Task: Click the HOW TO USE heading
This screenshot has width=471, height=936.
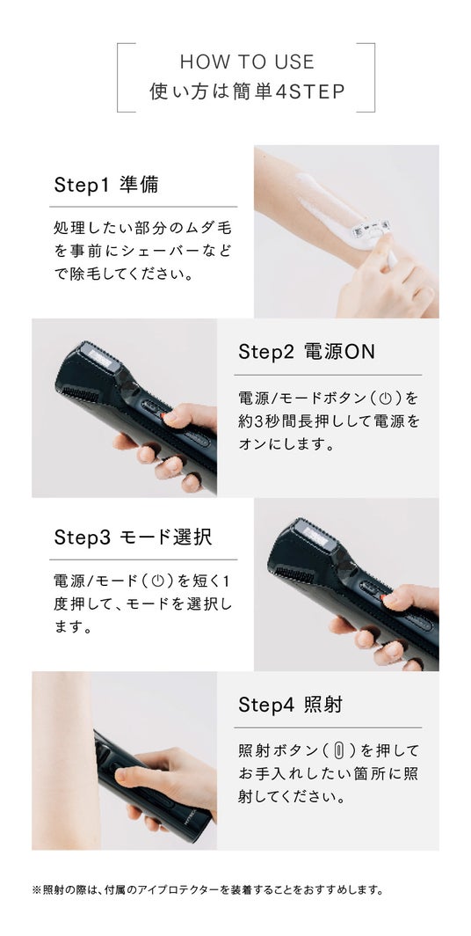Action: [246, 62]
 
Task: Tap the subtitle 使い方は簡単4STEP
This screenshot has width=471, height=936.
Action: [246, 91]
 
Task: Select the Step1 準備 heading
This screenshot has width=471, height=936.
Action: [106, 185]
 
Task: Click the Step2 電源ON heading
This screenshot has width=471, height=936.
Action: [307, 352]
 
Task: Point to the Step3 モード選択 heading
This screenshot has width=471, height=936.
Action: [133, 537]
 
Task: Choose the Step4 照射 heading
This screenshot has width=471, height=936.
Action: [290, 705]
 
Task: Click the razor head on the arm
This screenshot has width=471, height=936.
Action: [370, 230]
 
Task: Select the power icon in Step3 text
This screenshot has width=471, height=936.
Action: [156, 581]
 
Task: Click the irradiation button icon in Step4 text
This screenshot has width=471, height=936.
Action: [338, 750]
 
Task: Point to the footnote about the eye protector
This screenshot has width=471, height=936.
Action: [207, 890]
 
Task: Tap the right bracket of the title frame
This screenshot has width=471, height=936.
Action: [373, 77]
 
